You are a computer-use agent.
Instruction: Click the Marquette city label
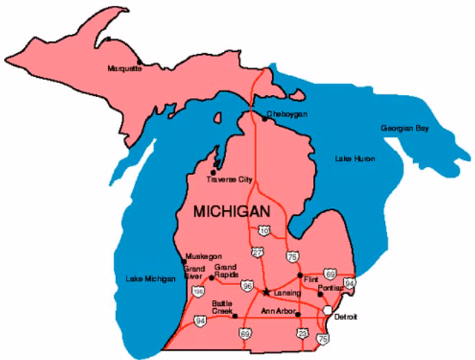pos(125,68)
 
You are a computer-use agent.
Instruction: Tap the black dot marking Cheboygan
pos(263,120)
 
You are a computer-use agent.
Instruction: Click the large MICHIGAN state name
pos(232,212)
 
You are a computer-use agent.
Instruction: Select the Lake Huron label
pos(355,158)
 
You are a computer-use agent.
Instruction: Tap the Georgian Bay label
pos(404,128)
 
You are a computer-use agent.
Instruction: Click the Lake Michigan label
pos(150,279)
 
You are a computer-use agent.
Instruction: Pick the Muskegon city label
pos(203,256)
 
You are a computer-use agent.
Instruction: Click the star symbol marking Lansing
pos(267,292)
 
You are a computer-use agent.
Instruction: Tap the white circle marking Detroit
pos(328,310)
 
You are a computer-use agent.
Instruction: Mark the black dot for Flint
pos(299,275)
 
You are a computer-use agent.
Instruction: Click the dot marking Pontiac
pos(320,294)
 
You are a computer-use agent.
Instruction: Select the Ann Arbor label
pos(276,310)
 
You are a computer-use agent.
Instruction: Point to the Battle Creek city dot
pos(235,315)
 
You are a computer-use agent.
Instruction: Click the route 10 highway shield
pos(264,230)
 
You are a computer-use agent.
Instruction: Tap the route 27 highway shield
pos(257,252)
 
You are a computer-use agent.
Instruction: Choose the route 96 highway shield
pos(248,286)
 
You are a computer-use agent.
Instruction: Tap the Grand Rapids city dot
pos(211,277)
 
